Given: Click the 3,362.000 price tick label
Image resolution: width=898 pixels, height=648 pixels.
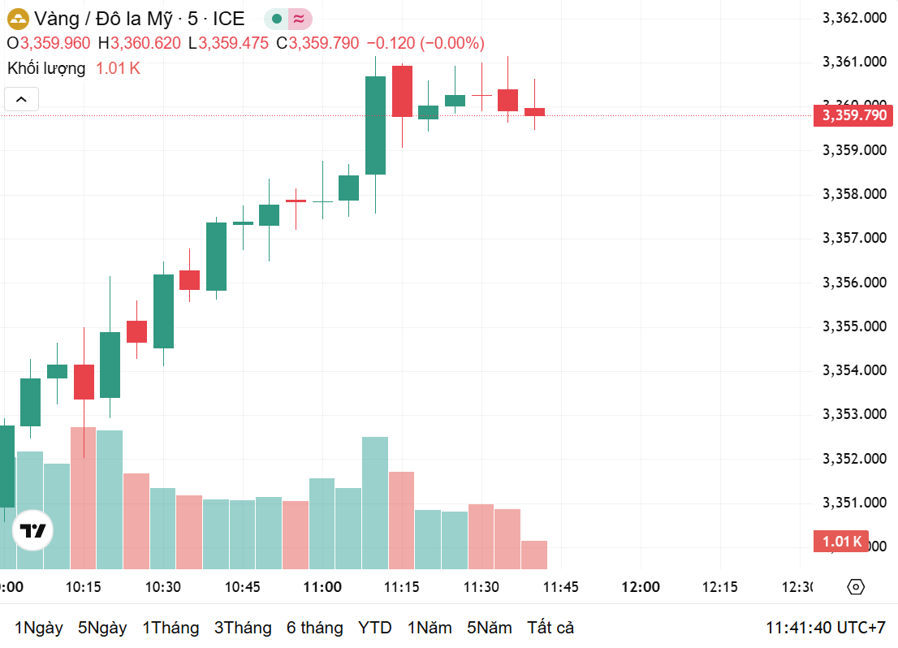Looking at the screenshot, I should (854, 18).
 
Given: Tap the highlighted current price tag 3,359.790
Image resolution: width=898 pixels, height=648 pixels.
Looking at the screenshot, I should (854, 115).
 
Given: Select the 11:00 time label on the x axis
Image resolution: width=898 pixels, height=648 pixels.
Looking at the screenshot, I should (322, 587).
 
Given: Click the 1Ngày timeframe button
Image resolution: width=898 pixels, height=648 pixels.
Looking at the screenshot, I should (39, 628).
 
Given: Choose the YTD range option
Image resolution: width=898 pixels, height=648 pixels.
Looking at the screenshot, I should (375, 628).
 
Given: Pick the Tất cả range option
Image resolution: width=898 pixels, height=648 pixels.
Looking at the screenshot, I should (550, 628).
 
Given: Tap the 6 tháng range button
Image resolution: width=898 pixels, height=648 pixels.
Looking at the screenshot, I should (314, 628).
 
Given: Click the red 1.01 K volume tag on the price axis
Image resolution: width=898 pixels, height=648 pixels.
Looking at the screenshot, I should (840, 542).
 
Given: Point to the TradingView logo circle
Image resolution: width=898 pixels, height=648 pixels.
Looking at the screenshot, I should (33, 531).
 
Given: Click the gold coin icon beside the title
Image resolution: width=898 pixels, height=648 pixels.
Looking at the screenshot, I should (17, 19).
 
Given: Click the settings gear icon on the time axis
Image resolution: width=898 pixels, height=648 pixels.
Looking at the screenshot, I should (855, 587).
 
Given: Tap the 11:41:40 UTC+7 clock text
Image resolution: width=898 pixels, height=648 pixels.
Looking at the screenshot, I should (825, 628).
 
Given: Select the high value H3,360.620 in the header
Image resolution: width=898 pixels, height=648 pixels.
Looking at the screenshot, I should (140, 43).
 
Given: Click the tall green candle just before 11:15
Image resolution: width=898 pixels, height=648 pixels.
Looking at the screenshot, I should (375, 125).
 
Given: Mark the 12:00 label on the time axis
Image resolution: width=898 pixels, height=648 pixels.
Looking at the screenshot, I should (641, 587).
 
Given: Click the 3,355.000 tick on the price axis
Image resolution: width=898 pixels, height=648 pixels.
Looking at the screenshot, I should (854, 326).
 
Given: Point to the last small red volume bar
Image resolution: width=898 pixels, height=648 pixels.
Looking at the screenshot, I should (534, 555).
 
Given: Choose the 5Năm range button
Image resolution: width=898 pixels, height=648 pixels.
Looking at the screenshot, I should (490, 628).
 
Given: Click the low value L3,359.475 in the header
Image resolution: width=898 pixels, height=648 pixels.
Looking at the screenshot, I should (228, 43).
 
